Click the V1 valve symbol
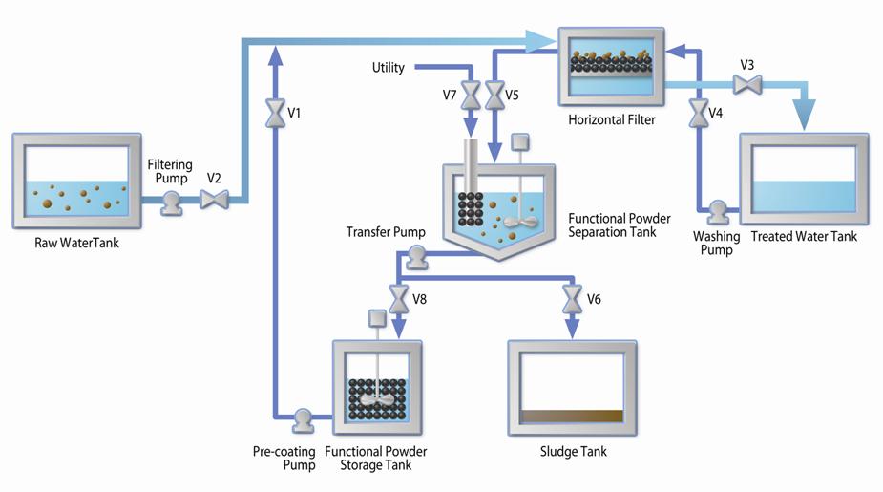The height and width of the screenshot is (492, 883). (x=275, y=114)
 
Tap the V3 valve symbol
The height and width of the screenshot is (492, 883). (x=746, y=86)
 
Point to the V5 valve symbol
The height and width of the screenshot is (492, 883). (x=494, y=95)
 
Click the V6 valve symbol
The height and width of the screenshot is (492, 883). (x=572, y=299)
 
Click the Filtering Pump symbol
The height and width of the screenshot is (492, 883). (x=172, y=201)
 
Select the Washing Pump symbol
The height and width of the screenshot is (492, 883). (x=716, y=209)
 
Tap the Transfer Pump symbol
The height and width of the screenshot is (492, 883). (x=415, y=255)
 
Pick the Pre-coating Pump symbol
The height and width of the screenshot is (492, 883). (x=303, y=417)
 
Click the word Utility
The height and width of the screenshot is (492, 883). (x=389, y=68)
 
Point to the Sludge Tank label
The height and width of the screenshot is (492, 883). (x=573, y=452)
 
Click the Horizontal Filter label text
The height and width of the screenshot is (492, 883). (x=612, y=120)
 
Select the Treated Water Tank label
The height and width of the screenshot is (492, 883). (x=804, y=237)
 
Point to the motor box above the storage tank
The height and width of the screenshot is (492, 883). (x=375, y=318)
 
